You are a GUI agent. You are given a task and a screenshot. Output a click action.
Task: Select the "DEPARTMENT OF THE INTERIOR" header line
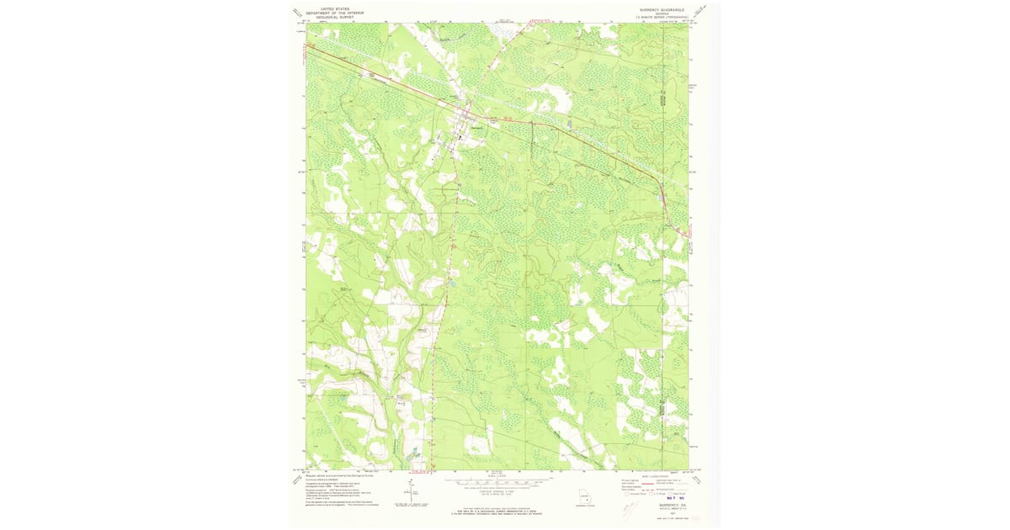pos(336,13)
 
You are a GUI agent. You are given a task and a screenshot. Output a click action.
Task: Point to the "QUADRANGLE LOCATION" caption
pos(581,506)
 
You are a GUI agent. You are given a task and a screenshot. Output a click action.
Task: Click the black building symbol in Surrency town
pos(460,137)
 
